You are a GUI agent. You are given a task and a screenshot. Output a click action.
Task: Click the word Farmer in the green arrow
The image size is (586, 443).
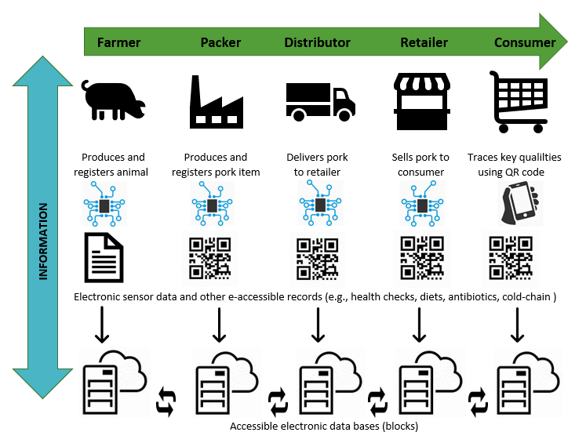pyautogui.click(x=118, y=42)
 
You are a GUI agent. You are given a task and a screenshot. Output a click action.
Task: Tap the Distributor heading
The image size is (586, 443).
pyautogui.click(x=317, y=42)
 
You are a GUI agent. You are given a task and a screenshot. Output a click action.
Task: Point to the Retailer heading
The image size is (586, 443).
pyautogui.click(x=424, y=42)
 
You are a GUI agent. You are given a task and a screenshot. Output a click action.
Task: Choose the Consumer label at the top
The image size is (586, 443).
pyautogui.click(x=525, y=42)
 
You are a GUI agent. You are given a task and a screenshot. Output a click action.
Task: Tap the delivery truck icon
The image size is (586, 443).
pyautogui.click(x=318, y=101)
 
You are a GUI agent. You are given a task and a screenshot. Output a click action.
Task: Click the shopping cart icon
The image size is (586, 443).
pyautogui.click(x=519, y=100)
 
